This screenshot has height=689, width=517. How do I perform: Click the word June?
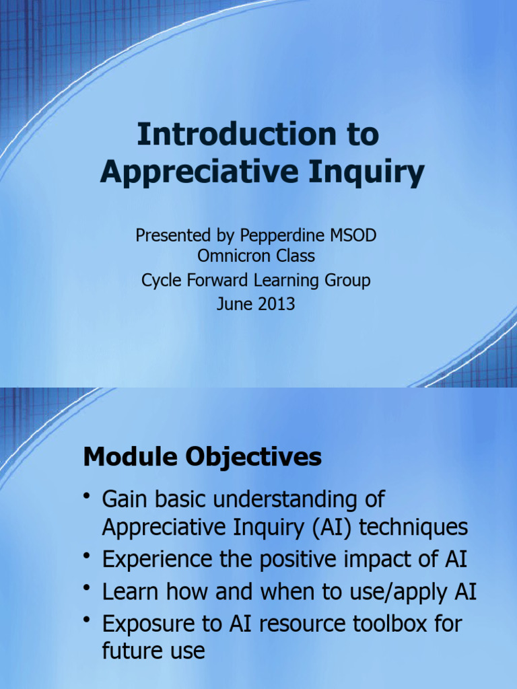pyautogui.click(x=233, y=303)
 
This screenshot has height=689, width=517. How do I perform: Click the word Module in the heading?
pyautogui.click(x=125, y=458)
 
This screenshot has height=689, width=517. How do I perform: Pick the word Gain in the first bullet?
pyautogui.click(x=125, y=500)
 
